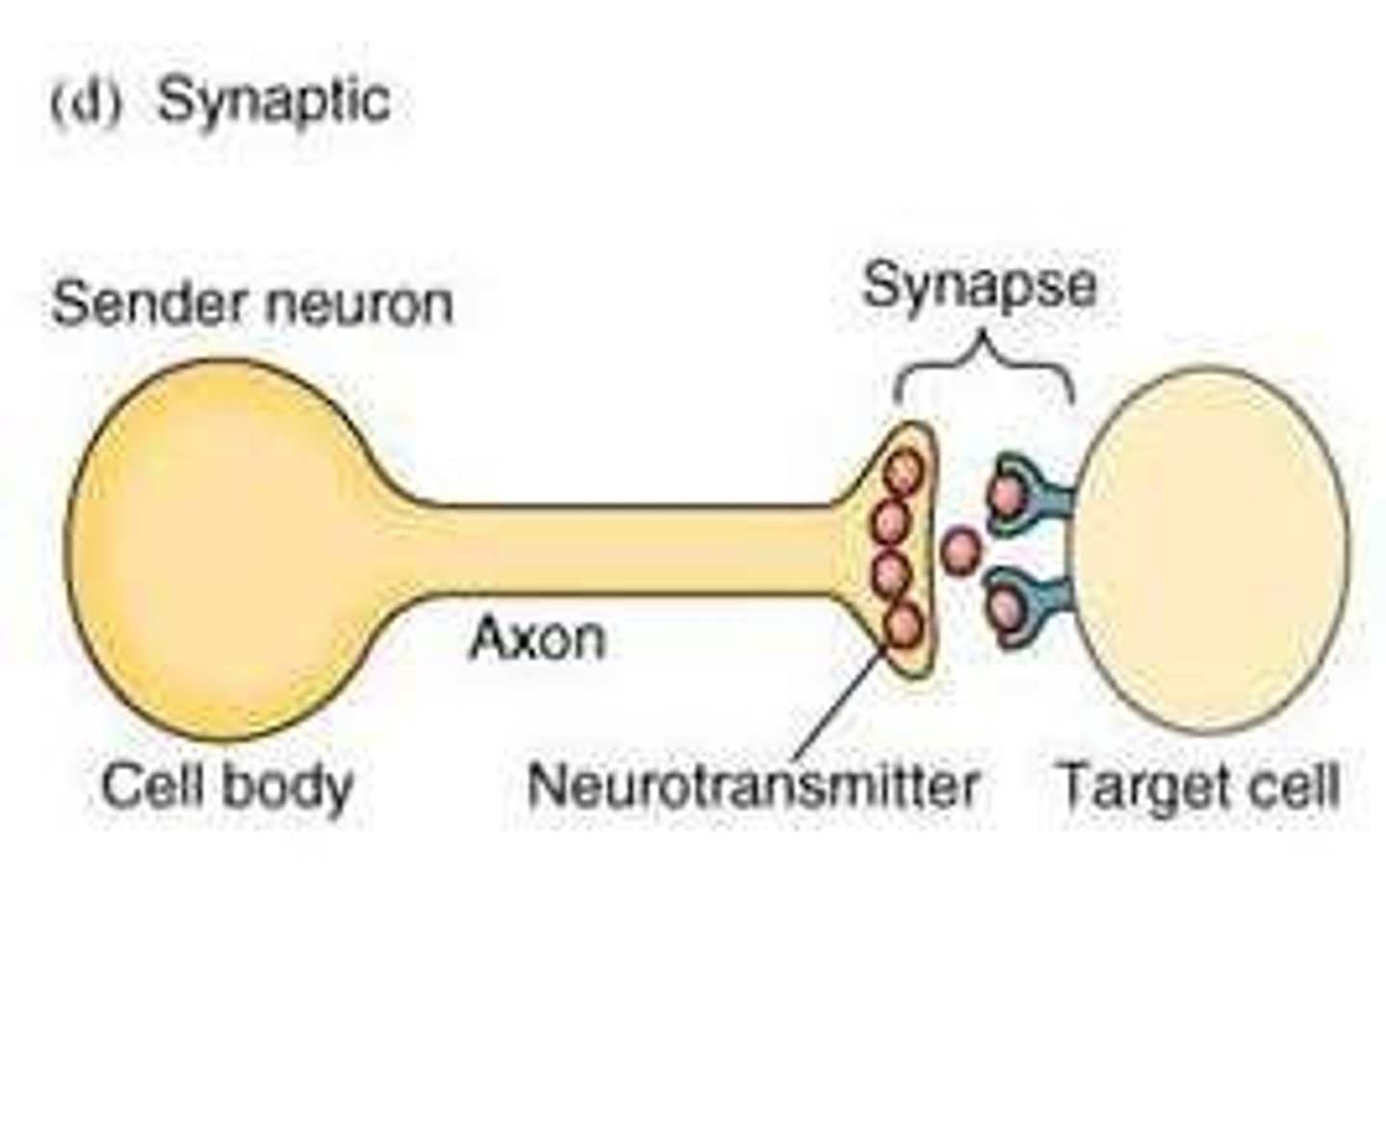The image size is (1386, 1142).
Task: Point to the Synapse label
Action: pyautogui.click(x=979, y=286)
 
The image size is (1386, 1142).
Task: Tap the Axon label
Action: pyautogui.click(x=537, y=638)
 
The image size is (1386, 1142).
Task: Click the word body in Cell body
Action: pyautogui.click(x=288, y=787)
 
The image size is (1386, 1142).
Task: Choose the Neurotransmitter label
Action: pyautogui.click(x=753, y=787)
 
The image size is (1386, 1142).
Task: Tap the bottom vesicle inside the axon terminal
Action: pyautogui.click(x=904, y=626)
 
